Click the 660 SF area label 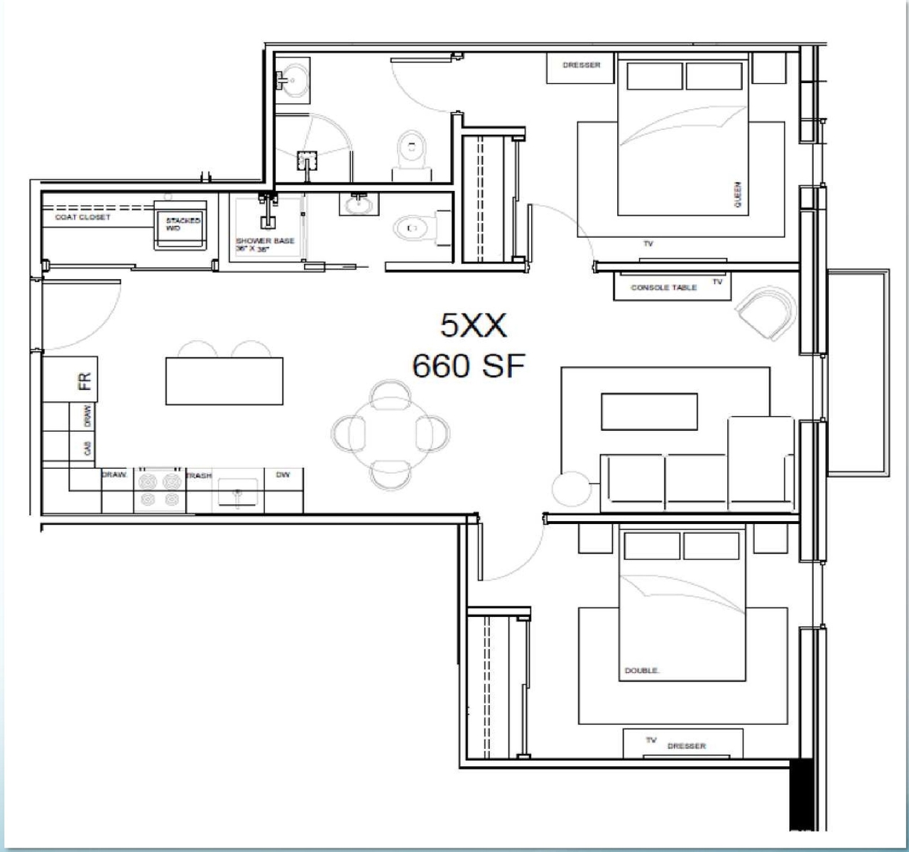click(x=469, y=366)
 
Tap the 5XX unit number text click(x=474, y=326)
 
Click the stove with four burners click(x=160, y=491)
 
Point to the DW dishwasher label click(x=283, y=474)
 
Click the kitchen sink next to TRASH click(x=236, y=492)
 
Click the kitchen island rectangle click(x=224, y=381)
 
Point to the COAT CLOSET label click(x=83, y=217)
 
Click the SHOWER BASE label click(x=265, y=241)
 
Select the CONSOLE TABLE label click(x=663, y=288)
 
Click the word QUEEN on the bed click(x=738, y=193)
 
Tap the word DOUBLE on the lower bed click(x=642, y=670)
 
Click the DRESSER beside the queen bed click(x=581, y=65)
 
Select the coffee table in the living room click(x=649, y=412)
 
